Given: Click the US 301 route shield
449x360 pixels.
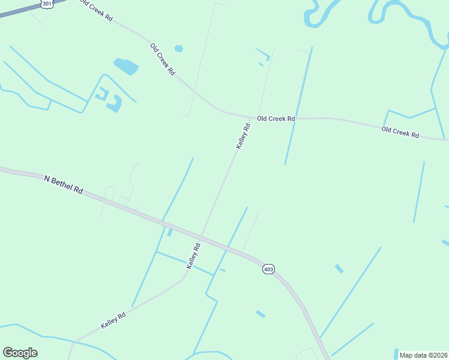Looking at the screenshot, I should pos(47,4).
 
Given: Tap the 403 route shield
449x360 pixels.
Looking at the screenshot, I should pos(268,269).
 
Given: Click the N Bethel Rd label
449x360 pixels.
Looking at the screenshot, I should pos(63,184).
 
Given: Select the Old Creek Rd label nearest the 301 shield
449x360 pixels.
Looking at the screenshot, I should pos(97,11).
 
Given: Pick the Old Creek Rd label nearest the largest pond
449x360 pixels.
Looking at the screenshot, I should pos(163,59).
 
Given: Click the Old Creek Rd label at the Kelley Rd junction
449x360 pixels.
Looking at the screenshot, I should pos(276,119).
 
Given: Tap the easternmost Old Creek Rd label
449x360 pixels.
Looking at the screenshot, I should pos(400,132).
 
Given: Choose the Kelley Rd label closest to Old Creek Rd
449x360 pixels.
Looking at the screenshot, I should pos(243,136).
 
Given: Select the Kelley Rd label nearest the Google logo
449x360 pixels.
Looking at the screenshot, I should pos(113,320).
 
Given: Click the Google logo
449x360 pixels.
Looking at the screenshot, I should pos(20,353).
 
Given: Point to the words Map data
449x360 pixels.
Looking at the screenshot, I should pos(412,355).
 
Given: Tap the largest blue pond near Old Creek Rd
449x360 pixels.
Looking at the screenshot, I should pos(126,66).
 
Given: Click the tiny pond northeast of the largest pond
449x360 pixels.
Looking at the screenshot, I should pos(178,49).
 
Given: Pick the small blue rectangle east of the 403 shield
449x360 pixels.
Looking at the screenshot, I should pos(339,268).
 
